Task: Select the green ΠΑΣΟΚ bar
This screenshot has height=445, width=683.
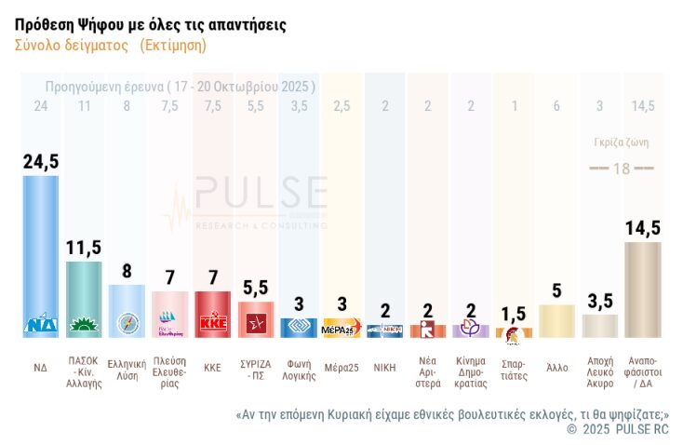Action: [85, 298]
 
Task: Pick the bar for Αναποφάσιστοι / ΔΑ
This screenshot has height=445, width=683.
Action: [642, 289]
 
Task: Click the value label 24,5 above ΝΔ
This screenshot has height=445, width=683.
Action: [41, 162]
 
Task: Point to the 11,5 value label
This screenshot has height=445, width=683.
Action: [85, 247]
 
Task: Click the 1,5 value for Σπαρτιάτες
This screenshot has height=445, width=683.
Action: [513, 314]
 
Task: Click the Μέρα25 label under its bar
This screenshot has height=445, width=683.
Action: [341, 367]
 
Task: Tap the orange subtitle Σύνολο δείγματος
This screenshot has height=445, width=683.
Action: [111, 45]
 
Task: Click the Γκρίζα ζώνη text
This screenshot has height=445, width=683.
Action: [621, 142]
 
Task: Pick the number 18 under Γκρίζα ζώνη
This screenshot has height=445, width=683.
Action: [622, 168]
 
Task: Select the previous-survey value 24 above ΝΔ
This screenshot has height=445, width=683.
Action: [41, 106]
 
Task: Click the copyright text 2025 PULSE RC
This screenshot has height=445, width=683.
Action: [618, 429]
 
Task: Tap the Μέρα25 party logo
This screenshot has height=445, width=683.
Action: [341, 330]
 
